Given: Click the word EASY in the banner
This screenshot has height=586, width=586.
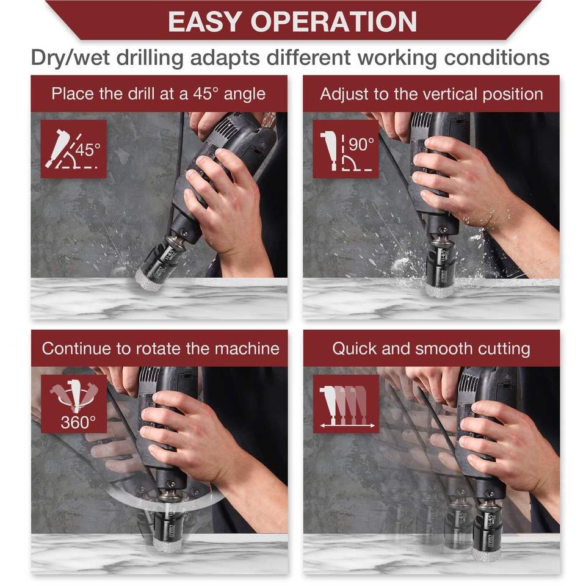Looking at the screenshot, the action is [x=204, y=22].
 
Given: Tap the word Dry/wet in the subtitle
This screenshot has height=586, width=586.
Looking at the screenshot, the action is [x=70, y=57].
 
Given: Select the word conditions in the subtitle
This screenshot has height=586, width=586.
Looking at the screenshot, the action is [x=497, y=57].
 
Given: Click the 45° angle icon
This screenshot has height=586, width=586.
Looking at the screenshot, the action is [x=74, y=149].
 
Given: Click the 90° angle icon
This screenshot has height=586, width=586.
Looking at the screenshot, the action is [x=345, y=149].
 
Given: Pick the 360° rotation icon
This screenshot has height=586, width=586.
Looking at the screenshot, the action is [x=74, y=403].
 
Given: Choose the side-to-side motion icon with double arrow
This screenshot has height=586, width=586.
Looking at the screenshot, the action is [x=346, y=403].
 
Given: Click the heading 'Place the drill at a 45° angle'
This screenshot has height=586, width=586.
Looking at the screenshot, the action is [x=159, y=94].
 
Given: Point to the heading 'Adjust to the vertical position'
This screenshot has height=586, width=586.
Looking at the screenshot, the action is [x=432, y=94].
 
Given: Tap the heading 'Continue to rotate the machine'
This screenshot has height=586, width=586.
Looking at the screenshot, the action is [x=161, y=349].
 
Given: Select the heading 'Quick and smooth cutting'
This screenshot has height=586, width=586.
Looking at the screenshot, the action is [x=432, y=349].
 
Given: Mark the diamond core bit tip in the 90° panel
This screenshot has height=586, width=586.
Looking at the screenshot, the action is [x=440, y=288].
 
